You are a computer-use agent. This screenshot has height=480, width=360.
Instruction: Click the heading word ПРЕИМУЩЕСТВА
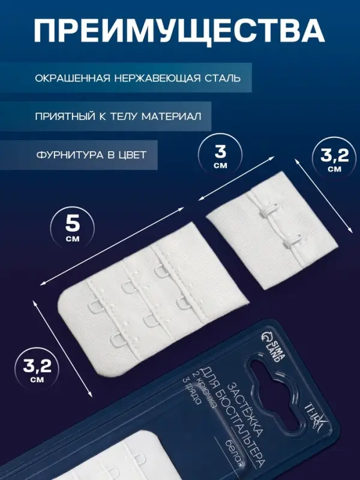(179, 30)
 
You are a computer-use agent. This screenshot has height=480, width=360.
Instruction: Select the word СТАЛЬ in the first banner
(222, 79)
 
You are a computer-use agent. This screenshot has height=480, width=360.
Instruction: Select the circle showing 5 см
(73, 227)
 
